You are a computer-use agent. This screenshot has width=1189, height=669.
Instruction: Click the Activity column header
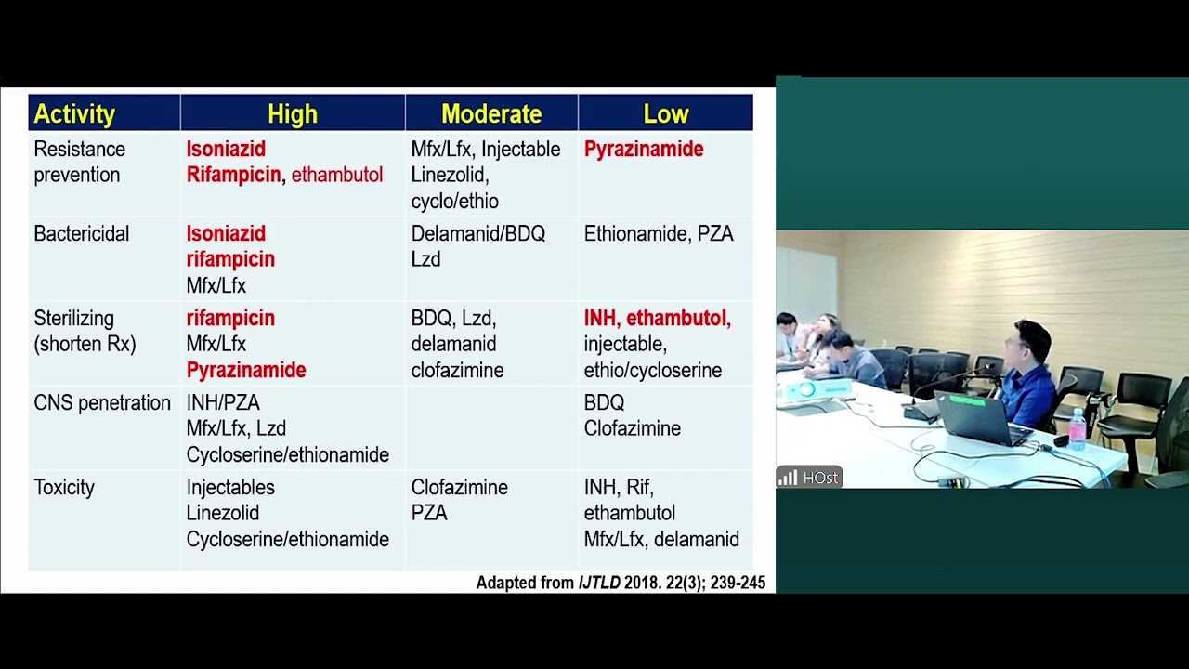click(74, 114)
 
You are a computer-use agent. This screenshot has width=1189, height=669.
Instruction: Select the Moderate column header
click(490, 114)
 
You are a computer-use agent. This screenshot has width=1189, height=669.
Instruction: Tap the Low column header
click(665, 114)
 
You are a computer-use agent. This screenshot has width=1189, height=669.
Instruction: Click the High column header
click(292, 114)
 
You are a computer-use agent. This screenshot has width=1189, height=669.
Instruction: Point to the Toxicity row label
click(64, 488)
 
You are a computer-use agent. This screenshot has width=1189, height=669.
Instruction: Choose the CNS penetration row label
click(102, 403)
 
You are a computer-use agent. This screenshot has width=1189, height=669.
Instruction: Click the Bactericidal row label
click(81, 234)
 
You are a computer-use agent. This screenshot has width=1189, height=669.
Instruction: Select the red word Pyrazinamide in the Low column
click(643, 150)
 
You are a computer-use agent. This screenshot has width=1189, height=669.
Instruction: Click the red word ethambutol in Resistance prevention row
click(336, 175)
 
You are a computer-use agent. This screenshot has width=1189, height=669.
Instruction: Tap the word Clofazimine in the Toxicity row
click(459, 488)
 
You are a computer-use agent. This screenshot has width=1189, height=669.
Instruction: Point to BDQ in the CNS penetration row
click(604, 403)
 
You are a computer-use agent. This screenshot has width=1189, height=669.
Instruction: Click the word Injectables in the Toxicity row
click(230, 488)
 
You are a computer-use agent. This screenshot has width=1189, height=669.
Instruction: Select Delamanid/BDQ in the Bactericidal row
click(477, 234)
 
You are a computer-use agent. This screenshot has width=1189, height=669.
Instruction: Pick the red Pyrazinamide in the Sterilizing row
click(246, 370)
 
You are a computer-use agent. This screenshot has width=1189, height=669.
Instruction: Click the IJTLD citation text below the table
click(621, 583)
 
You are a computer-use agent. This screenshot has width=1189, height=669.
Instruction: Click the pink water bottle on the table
click(1077, 429)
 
